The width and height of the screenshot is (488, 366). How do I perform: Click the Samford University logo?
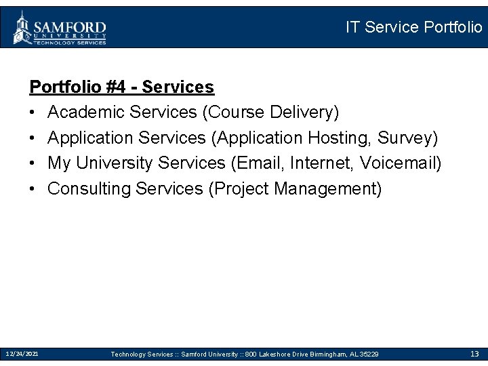click(x=60, y=28)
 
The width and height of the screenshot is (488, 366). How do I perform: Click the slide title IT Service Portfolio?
click(x=413, y=27)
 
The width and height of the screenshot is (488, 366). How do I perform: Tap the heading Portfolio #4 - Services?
click(x=121, y=87)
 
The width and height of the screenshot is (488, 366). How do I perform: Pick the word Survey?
click(x=406, y=138)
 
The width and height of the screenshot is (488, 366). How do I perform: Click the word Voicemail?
click(x=399, y=163)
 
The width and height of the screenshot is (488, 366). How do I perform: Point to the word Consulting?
click(x=89, y=188)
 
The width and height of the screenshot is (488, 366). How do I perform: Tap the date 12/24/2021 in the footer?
click(x=22, y=354)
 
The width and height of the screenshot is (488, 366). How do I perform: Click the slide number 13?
click(x=474, y=354)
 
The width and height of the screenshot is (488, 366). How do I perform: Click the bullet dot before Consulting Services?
click(x=33, y=188)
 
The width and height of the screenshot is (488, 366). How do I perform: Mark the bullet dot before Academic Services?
click(x=33, y=112)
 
